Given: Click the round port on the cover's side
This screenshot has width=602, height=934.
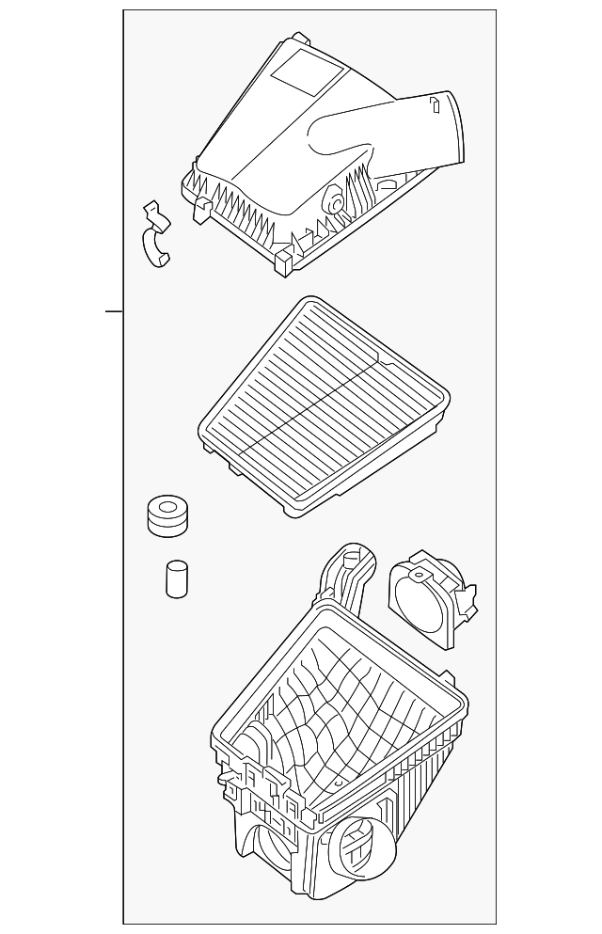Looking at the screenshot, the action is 332,198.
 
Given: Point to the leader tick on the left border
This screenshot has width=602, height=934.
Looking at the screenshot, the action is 114,310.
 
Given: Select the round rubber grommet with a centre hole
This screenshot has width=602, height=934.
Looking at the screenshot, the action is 167,516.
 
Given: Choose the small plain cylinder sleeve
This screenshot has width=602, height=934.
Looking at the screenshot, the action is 176,579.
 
